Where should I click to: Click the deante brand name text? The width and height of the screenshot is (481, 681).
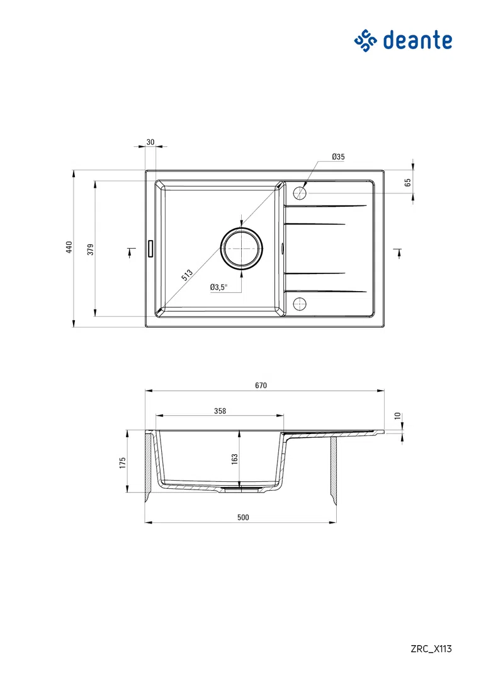(x=417, y=40)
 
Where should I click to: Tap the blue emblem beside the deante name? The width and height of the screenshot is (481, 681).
(x=366, y=41)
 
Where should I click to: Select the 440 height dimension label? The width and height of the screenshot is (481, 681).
(x=69, y=248)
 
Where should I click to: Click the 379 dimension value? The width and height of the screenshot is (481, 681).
(x=90, y=249)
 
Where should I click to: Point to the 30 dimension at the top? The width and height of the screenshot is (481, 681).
(x=150, y=142)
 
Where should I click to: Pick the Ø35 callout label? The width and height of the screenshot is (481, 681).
(x=338, y=157)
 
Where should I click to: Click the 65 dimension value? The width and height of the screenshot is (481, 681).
(x=407, y=183)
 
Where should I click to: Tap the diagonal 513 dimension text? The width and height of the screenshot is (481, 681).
(x=186, y=275)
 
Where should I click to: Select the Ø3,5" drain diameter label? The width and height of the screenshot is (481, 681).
(x=219, y=287)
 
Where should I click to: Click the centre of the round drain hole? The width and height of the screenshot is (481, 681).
(x=241, y=248)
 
